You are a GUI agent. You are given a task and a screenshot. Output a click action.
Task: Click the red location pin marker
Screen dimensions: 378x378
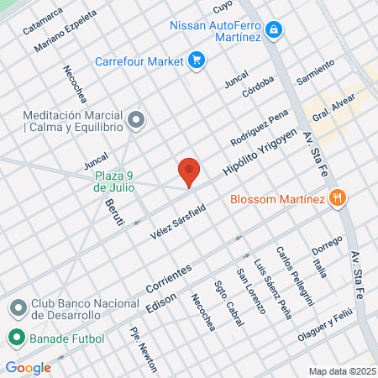189,171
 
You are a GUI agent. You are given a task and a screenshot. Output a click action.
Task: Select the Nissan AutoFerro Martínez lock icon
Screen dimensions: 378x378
273,30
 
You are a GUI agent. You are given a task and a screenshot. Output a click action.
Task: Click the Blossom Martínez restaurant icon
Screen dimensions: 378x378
338,199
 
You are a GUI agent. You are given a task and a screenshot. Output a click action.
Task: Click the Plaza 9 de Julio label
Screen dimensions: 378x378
116,181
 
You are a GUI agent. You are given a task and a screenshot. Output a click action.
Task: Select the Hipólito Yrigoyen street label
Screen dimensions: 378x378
260,151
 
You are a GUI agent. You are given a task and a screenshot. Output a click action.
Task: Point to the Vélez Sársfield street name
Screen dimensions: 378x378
178,219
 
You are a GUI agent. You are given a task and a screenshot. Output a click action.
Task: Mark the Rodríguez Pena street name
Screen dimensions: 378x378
261,126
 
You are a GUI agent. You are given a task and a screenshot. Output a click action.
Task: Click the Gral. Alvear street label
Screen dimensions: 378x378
333,107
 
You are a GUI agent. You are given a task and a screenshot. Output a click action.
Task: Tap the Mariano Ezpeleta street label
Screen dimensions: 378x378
60,35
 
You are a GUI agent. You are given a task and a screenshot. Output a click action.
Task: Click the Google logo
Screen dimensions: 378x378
28,367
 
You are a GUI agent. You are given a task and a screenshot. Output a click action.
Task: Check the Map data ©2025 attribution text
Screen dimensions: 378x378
341,371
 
